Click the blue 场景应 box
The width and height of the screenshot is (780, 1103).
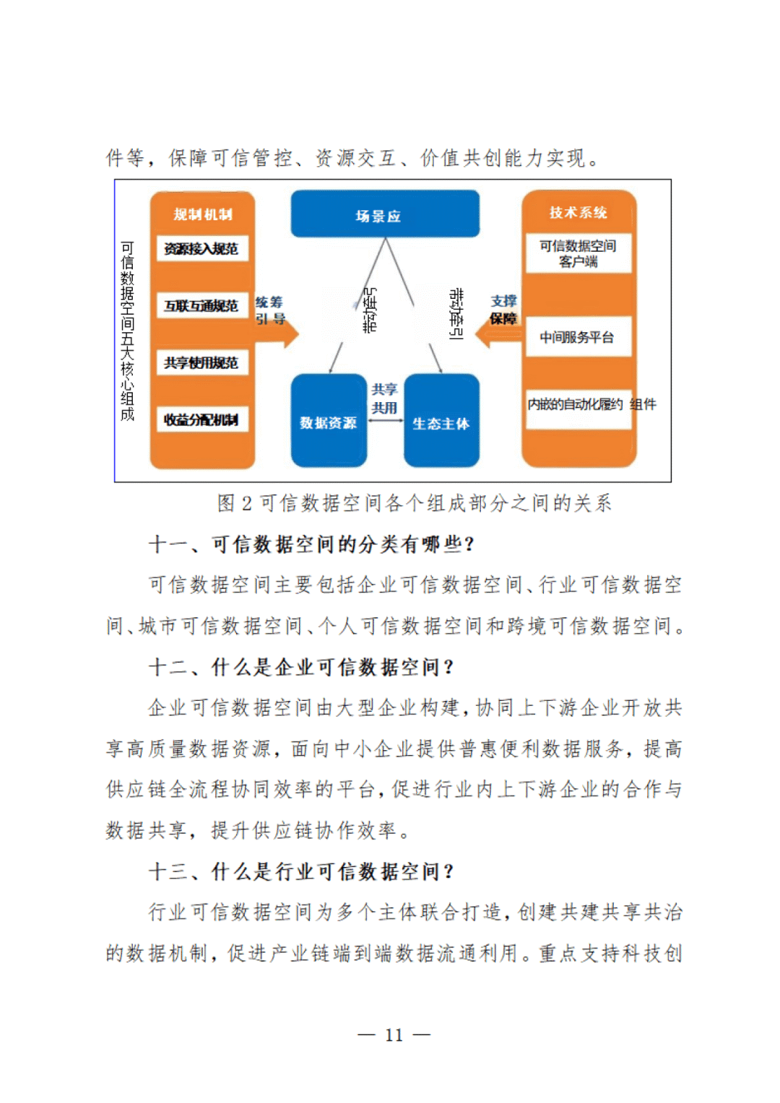point(385,214)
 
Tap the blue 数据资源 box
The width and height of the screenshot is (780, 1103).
point(329,422)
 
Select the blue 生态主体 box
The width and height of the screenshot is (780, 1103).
point(441,422)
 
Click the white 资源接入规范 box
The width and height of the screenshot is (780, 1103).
point(202,249)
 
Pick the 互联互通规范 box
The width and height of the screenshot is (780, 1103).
point(202,305)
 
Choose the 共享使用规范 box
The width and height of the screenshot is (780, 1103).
point(202,362)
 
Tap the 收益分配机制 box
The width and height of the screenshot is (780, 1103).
point(202,419)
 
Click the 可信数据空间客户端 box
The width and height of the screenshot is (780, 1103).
point(578,253)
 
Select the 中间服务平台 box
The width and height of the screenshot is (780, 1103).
point(578,337)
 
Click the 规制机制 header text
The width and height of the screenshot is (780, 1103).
point(202,214)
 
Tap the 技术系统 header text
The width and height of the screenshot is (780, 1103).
point(578,212)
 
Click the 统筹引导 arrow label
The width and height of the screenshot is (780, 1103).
point(270,310)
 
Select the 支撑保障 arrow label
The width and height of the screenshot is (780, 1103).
point(504,310)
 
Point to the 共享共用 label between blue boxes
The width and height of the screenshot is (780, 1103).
point(384,398)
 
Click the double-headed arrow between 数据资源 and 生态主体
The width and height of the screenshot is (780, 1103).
point(385,419)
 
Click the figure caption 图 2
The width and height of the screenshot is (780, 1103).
point(415,503)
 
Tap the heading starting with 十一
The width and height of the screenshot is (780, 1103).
point(311,544)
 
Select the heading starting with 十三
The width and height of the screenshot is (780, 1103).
point(301,872)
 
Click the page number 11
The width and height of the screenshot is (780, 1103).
point(394,1035)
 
